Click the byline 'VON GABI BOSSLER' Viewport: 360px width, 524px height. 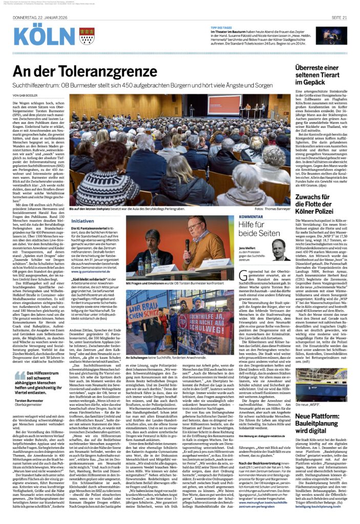[x=29, y=96]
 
